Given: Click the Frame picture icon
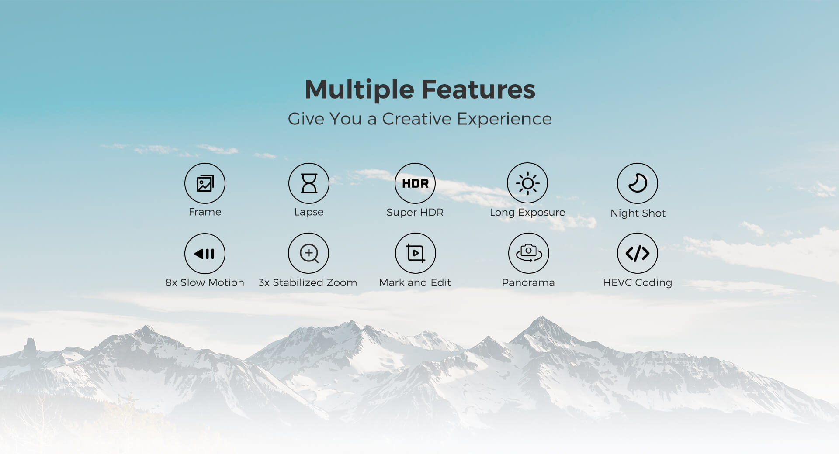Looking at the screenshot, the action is point(205,183).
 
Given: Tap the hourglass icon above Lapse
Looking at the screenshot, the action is point(309,183).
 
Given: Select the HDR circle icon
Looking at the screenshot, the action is point(415,183).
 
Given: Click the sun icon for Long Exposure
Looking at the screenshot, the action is point(527,183).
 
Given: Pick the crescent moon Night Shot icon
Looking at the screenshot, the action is point(638,183).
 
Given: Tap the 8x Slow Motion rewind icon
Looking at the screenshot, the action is point(205,253).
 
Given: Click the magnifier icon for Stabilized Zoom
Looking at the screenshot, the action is point(309,253).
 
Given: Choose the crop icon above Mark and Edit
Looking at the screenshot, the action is point(416,253).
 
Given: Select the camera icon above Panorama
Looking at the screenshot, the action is point(529,253).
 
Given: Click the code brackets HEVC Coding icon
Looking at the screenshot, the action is point(638,253).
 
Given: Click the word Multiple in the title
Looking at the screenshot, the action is point(360,90).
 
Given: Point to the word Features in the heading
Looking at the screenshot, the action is point(478,89).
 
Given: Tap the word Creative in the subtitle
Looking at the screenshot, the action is point(416,119).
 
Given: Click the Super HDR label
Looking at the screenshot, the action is point(415,212).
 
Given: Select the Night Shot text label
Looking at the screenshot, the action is point(638,213).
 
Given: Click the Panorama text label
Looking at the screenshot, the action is point(528,282).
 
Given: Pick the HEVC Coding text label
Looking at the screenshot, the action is point(638,283).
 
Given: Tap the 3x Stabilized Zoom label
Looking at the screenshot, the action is point(308,282).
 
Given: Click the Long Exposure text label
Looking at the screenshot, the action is point(527,213).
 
